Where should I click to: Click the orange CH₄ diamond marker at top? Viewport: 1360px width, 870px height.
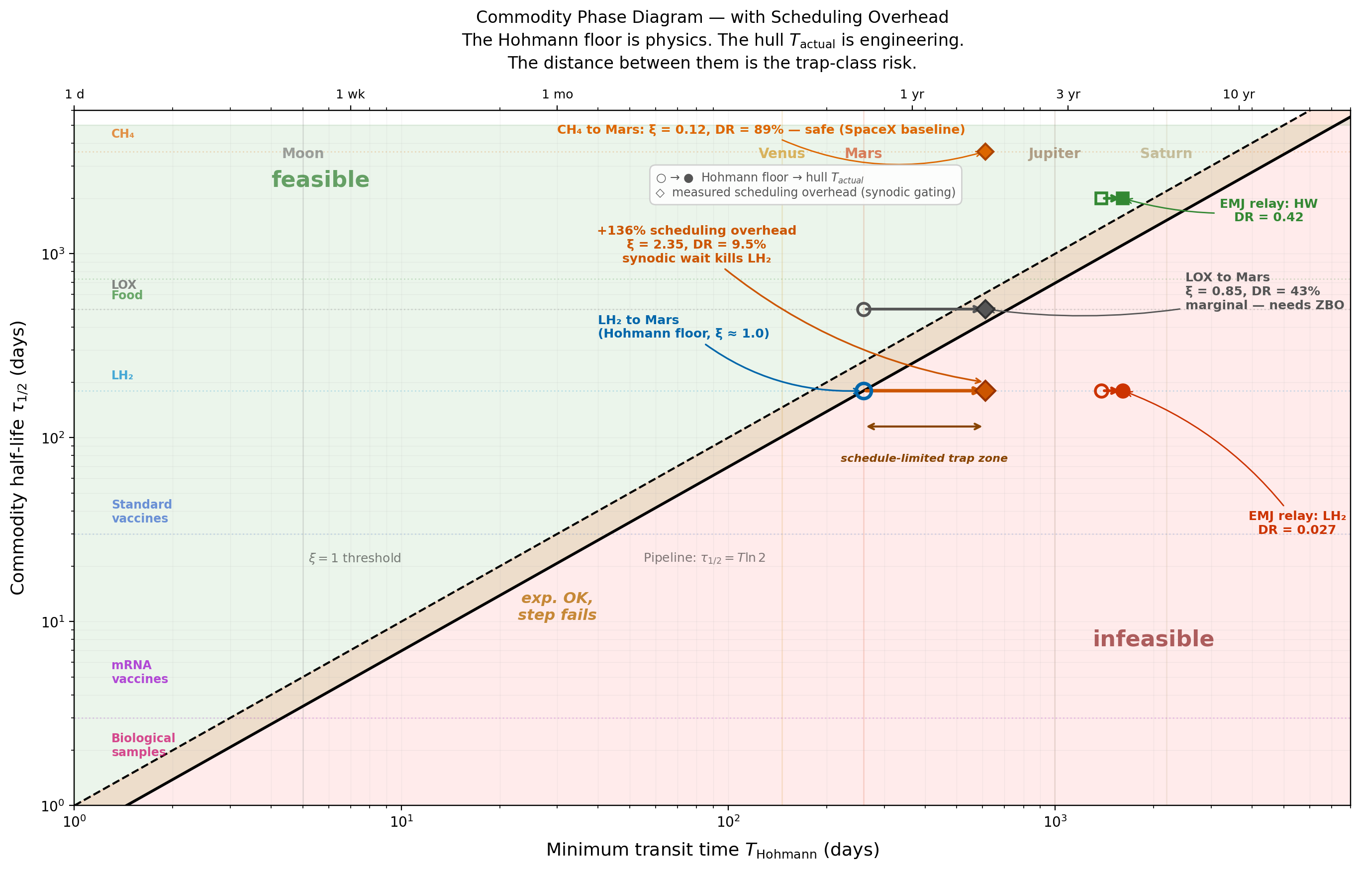point(984,152)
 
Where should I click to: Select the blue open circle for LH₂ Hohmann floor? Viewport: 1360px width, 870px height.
point(863,391)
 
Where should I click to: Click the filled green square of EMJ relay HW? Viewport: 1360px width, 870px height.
point(1123,198)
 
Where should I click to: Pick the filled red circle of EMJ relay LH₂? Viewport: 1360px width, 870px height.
point(1123,391)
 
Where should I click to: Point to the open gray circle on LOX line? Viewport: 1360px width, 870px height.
point(863,309)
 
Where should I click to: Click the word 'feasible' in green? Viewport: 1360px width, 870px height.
point(320,179)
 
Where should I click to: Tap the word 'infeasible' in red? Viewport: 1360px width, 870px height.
point(1153,639)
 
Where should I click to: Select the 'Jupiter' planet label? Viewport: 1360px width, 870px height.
point(1054,153)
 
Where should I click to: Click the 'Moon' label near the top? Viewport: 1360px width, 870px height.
point(303,153)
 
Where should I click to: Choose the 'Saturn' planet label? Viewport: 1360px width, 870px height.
point(1166,153)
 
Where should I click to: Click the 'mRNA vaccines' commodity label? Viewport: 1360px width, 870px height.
point(140,672)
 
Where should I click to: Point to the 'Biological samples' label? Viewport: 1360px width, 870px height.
point(143,745)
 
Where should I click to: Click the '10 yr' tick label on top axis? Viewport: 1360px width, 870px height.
point(1238,94)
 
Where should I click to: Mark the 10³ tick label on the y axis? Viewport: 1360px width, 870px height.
point(54,254)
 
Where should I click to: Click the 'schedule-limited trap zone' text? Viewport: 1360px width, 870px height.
point(924,458)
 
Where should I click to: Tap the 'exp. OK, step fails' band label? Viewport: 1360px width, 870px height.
point(557,606)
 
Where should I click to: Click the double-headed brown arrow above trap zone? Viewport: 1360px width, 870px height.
point(924,427)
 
